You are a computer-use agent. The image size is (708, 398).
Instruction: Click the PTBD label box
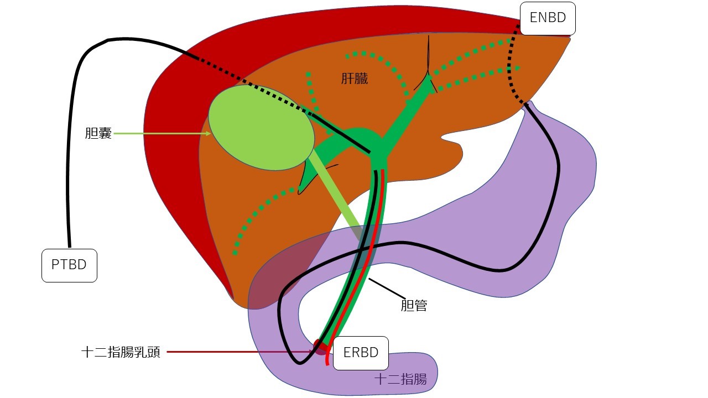point(69,265)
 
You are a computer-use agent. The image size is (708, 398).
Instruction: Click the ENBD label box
point(548,18)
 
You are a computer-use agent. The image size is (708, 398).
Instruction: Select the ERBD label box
point(361,352)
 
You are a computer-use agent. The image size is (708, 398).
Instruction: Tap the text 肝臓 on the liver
point(354,79)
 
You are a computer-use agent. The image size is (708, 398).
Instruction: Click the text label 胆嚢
point(98,133)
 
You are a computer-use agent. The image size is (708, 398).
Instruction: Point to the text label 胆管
point(414,305)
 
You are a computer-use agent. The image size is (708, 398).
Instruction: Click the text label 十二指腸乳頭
point(121,352)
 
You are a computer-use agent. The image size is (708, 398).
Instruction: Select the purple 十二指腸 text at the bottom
point(400,379)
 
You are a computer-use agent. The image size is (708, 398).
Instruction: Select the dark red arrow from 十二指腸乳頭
point(238,352)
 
